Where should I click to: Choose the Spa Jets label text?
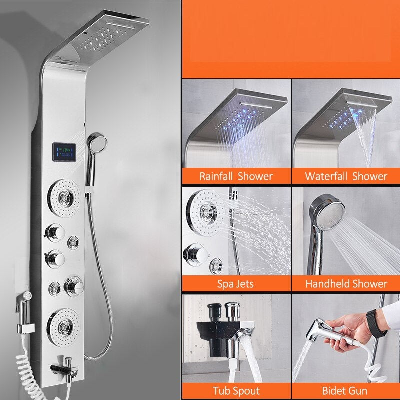coord(235,284)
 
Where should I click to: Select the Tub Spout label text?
coord(235,391)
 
